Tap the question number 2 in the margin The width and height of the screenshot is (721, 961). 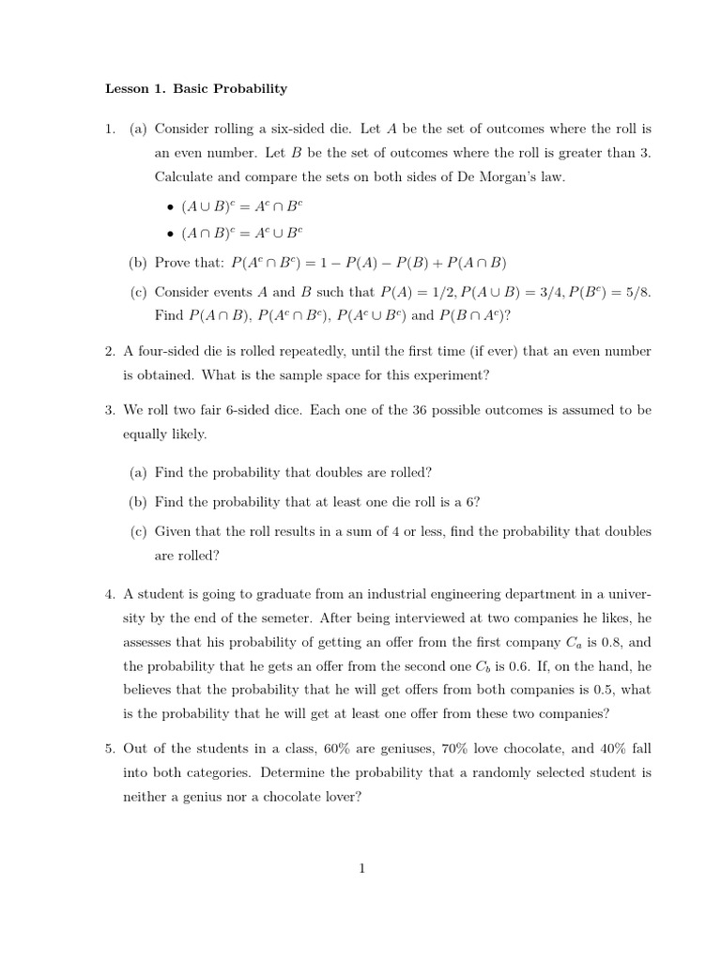[x=109, y=351]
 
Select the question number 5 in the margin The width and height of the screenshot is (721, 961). [x=109, y=748]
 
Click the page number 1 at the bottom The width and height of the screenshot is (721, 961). [x=360, y=868]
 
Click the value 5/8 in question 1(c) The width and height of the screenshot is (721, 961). [x=635, y=292]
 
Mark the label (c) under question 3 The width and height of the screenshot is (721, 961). [x=139, y=531]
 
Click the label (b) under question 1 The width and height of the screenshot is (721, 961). [x=139, y=262]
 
